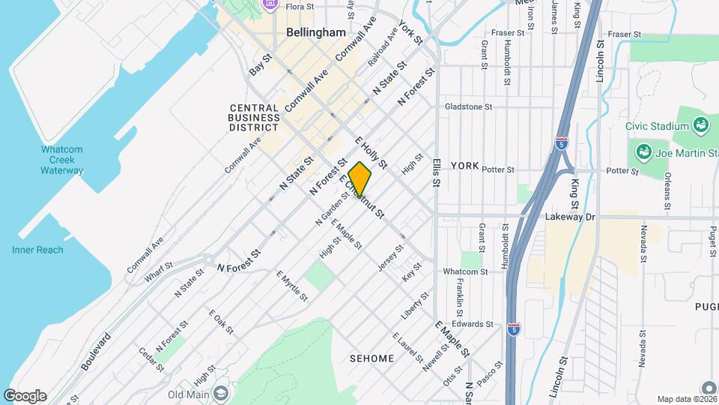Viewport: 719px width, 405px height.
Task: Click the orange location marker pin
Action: pos(359,179)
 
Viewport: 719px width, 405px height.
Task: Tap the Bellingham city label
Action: pos(315,33)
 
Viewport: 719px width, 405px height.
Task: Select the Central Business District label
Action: pos(254,118)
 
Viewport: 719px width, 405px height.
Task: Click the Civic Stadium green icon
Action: pos(701,124)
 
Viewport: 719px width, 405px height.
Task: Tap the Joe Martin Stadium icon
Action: pos(643,153)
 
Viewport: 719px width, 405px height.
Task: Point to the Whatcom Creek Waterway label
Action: pos(62,160)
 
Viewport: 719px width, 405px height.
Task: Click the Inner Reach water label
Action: pos(37,250)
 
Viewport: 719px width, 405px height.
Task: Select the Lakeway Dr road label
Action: pos(570,217)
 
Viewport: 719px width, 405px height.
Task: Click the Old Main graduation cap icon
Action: pos(220,394)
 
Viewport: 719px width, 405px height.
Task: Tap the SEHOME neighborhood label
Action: pos(371,358)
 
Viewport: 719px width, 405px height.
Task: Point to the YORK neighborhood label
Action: pos(464,165)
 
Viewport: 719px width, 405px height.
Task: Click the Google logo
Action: pos(25,396)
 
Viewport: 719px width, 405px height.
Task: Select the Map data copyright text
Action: pos(687,399)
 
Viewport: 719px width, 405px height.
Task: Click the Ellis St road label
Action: pos(437,172)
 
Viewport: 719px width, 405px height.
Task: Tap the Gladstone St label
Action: pos(468,106)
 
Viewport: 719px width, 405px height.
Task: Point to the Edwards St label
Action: pos(473,325)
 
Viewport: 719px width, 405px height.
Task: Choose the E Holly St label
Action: pos(371,152)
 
